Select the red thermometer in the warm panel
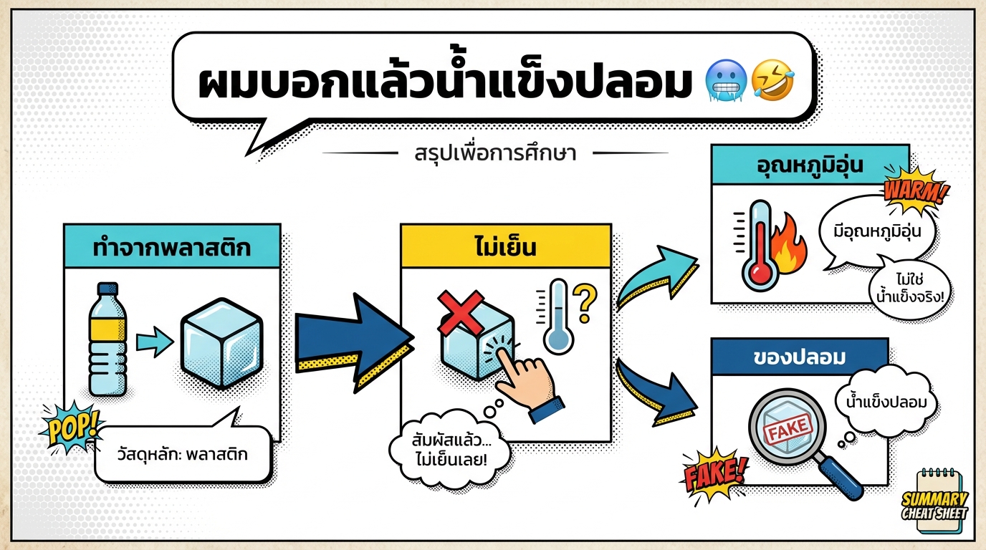click(x=757, y=247)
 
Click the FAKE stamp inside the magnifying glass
click(x=789, y=430)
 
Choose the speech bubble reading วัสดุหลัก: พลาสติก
click(x=183, y=453)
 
